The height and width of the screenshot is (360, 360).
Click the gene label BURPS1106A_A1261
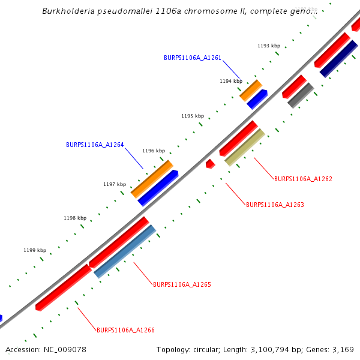193,58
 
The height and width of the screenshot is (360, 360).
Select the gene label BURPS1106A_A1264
95,145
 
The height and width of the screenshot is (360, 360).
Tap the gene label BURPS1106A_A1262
303,179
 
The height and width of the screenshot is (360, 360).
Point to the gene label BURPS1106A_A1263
275,205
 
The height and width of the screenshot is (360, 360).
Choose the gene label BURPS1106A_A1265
182,284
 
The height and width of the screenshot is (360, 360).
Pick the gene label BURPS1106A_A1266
125,330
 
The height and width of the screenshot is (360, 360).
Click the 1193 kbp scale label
269,46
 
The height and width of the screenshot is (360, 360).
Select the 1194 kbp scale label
231,81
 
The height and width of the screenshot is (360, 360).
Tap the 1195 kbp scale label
193,116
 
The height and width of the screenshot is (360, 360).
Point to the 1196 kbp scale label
154,151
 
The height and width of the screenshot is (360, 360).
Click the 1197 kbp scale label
115,184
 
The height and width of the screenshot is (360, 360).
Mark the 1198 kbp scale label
75,218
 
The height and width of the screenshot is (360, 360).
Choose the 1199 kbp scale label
35,250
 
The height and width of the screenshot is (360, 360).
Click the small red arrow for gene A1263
210,163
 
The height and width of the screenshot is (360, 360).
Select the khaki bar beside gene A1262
245,147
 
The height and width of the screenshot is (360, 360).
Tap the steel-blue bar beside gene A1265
125,251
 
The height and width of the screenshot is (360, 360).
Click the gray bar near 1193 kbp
301,95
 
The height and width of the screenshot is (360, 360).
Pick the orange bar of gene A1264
152,178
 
